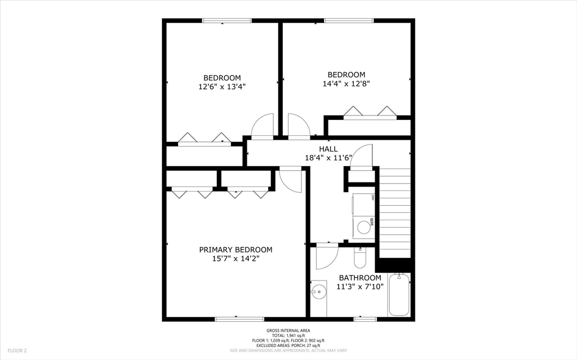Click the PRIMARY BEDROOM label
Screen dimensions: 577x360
(x=236, y=250)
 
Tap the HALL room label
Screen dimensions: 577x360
(x=329, y=149)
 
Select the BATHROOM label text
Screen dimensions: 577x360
(x=360, y=278)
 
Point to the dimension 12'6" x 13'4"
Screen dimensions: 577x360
(x=222, y=87)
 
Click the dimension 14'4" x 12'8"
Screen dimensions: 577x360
(x=347, y=83)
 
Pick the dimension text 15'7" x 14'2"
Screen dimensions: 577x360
(x=236, y=259)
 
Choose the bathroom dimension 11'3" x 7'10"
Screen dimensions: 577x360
(x=360, y=286)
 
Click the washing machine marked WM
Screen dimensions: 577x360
(x=363, y=226)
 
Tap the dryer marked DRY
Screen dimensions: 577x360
(x=363, y=205)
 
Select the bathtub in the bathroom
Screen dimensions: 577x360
(x=399, y=295)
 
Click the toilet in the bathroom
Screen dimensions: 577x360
(x=359, y=257)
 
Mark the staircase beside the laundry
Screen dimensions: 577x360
(x=395, y=213)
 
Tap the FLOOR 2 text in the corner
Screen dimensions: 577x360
(x=17, y=351)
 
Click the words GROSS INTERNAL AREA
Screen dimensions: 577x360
(x=288, y=331)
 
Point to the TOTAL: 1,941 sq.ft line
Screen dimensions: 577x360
(x=288, y=336)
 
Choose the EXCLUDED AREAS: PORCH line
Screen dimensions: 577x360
(x=288, y=346)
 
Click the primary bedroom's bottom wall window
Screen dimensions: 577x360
(x=239, y=319)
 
